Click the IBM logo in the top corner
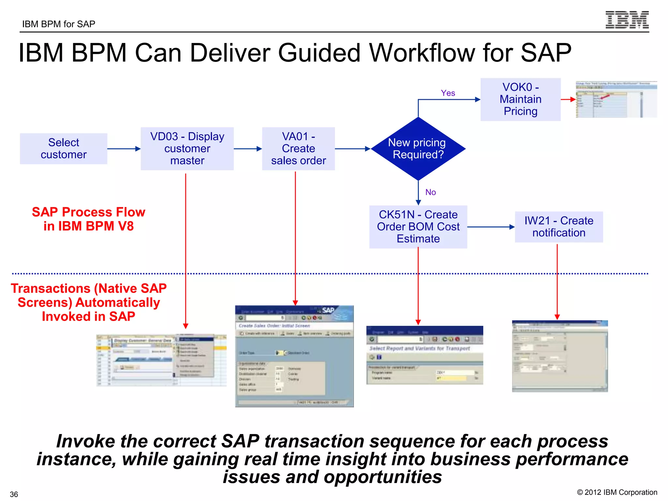[x=627, y=20]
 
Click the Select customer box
[x=64, y=149]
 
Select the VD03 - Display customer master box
[x=187, y=149]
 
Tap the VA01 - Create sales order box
[x=298, y=149]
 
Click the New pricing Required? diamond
[x=418, y=149]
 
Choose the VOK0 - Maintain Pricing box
[x=521, y=99]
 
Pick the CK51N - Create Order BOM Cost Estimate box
[x=418, y=227]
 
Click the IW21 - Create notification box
[x=559, y=227]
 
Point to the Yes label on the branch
[x=448, y=93]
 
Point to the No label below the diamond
[x=431, y=192]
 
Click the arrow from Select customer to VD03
[x=124, y=149]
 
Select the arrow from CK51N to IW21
[x=491, y=227]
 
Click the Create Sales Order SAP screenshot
[x=294, y=356]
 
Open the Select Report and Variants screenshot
[x=425, y=355]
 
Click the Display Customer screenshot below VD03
[x=161, y=360]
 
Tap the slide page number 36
[x=14, y=494]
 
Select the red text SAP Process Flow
[x=88, y=212]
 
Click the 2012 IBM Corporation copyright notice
[x=617, y=493]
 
